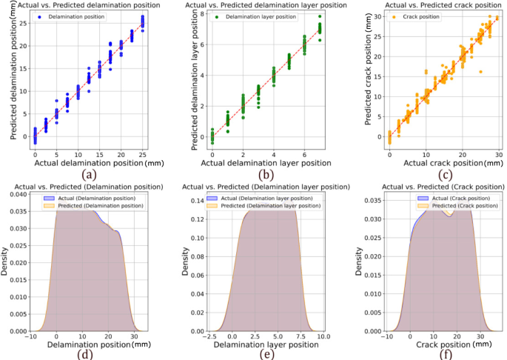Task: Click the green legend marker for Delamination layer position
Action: point(209,16)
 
